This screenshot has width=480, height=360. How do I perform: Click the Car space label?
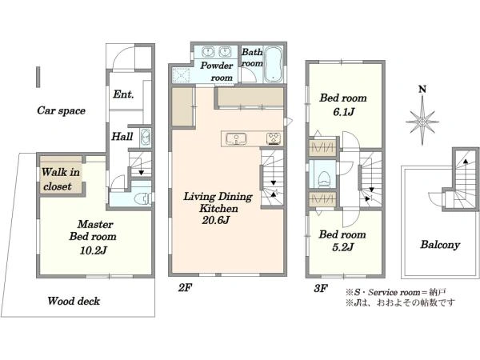pyautogui.click(x=62, y=110)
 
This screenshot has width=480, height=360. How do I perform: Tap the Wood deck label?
pyautogui.click(x=74, y=301)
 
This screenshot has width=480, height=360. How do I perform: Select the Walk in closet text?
pyautogui.click(x=61, y=179)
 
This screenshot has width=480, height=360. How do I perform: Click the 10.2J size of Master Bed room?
pyautogui.click(x=94, y=250)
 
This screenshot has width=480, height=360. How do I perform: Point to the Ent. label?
pyautogui.click(x=123, y=94)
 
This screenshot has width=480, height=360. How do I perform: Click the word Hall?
pyautogui.click(x=122, y=136)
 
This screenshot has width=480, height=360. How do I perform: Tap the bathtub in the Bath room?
pyautogui.click(x=273, y=64)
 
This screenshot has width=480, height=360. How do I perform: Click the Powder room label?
pyautogui.click(x=217, y=72)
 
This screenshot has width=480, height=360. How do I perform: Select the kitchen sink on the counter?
pyautogui.click(x=236, y=139)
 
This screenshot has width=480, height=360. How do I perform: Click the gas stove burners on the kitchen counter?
pyautogui.click(x=274, y=138)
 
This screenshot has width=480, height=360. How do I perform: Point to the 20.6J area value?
pyautogui.click(x=216, y=220)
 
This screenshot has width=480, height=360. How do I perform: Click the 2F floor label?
pyautogui.click(x=186, y=288)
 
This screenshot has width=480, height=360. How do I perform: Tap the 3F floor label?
pyautogui.click(x=321, y=288)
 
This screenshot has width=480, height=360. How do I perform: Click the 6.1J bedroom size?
pyautogui.click(x=343, y=112)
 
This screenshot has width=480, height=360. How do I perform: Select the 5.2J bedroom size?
pyautogui.click(x=343, y=247)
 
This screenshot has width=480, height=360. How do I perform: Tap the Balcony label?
pyautogui.click(x=440, y=245)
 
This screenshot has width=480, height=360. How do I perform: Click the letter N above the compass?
pyautogui.click(x=422, y=89)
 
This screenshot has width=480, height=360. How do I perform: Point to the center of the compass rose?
pyautogui.click(x=422, y=122)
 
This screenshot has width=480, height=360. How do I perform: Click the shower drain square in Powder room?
pyautogui.click(x=181, y=75)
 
